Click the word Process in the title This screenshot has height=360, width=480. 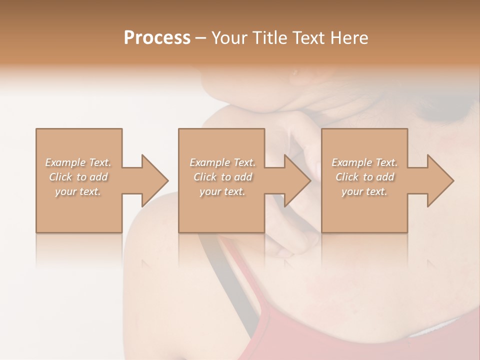point(157,38)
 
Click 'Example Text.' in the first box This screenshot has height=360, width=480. point(78,162)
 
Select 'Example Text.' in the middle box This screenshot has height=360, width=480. point(222,162)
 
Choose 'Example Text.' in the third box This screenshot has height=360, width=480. point(364,162)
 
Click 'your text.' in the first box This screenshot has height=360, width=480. point(78,191)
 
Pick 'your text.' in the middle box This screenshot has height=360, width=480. point(222,191)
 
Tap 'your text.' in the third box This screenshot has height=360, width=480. point(364,191)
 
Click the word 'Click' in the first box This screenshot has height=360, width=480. point(60,177)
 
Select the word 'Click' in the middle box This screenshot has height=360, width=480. point(205,177)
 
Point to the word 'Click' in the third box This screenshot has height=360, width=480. point(347,177)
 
